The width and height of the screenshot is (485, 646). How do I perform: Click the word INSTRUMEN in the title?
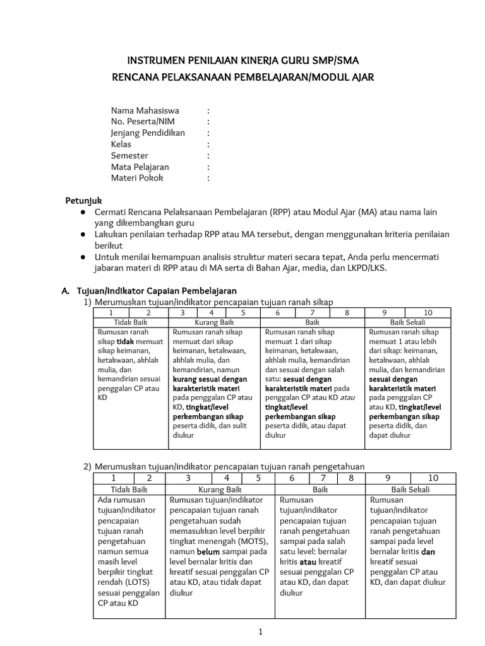155,61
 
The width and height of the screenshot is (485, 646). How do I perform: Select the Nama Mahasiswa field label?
145,110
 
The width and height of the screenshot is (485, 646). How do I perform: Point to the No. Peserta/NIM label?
141,122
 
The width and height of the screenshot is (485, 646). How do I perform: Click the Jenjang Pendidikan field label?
148,133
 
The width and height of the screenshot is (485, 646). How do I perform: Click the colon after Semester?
208,156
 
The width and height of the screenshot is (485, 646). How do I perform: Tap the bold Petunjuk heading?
84,201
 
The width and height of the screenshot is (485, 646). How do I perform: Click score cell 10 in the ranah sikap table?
428,312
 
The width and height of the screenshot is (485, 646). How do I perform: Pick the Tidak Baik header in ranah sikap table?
129,322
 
